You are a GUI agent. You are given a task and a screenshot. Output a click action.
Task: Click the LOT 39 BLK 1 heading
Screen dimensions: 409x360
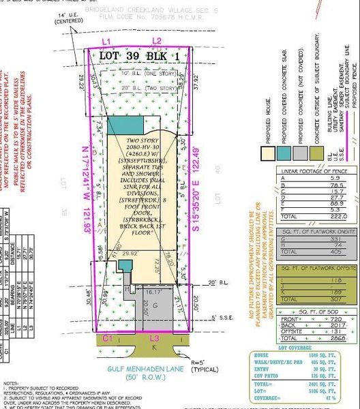tap(136, 55)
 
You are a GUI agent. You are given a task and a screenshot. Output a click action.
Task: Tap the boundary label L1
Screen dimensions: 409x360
tap(106, 42)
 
